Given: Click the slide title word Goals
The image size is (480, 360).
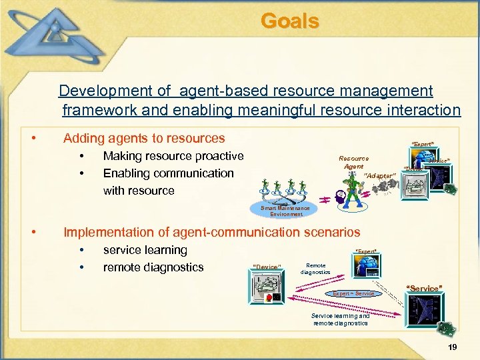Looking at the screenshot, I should [x=290, y=21].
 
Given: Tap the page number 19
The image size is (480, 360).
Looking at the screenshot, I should [x=453, y=347].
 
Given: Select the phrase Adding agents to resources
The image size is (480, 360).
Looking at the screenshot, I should [x=144, y=139].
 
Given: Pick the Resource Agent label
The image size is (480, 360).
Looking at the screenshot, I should [x=353, y=162].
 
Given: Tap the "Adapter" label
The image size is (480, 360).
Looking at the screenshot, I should [x=381, y=175].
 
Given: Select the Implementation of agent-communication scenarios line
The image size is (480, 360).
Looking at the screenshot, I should [x=211, y=232].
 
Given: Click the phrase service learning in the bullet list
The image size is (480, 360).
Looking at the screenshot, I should [x=145, y=250].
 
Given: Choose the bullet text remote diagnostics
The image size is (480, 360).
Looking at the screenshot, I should [x=153, y=267].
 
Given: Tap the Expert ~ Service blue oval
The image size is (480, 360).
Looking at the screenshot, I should [x=353, y=293].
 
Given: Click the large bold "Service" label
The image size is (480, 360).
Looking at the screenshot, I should [x=424, y=289].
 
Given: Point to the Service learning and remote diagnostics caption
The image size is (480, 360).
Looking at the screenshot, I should [x=340, y=319].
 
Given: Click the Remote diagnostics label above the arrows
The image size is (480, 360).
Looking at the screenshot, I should [x=315, y=269].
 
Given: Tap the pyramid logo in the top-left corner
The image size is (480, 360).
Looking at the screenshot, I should [x=57, y=33].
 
